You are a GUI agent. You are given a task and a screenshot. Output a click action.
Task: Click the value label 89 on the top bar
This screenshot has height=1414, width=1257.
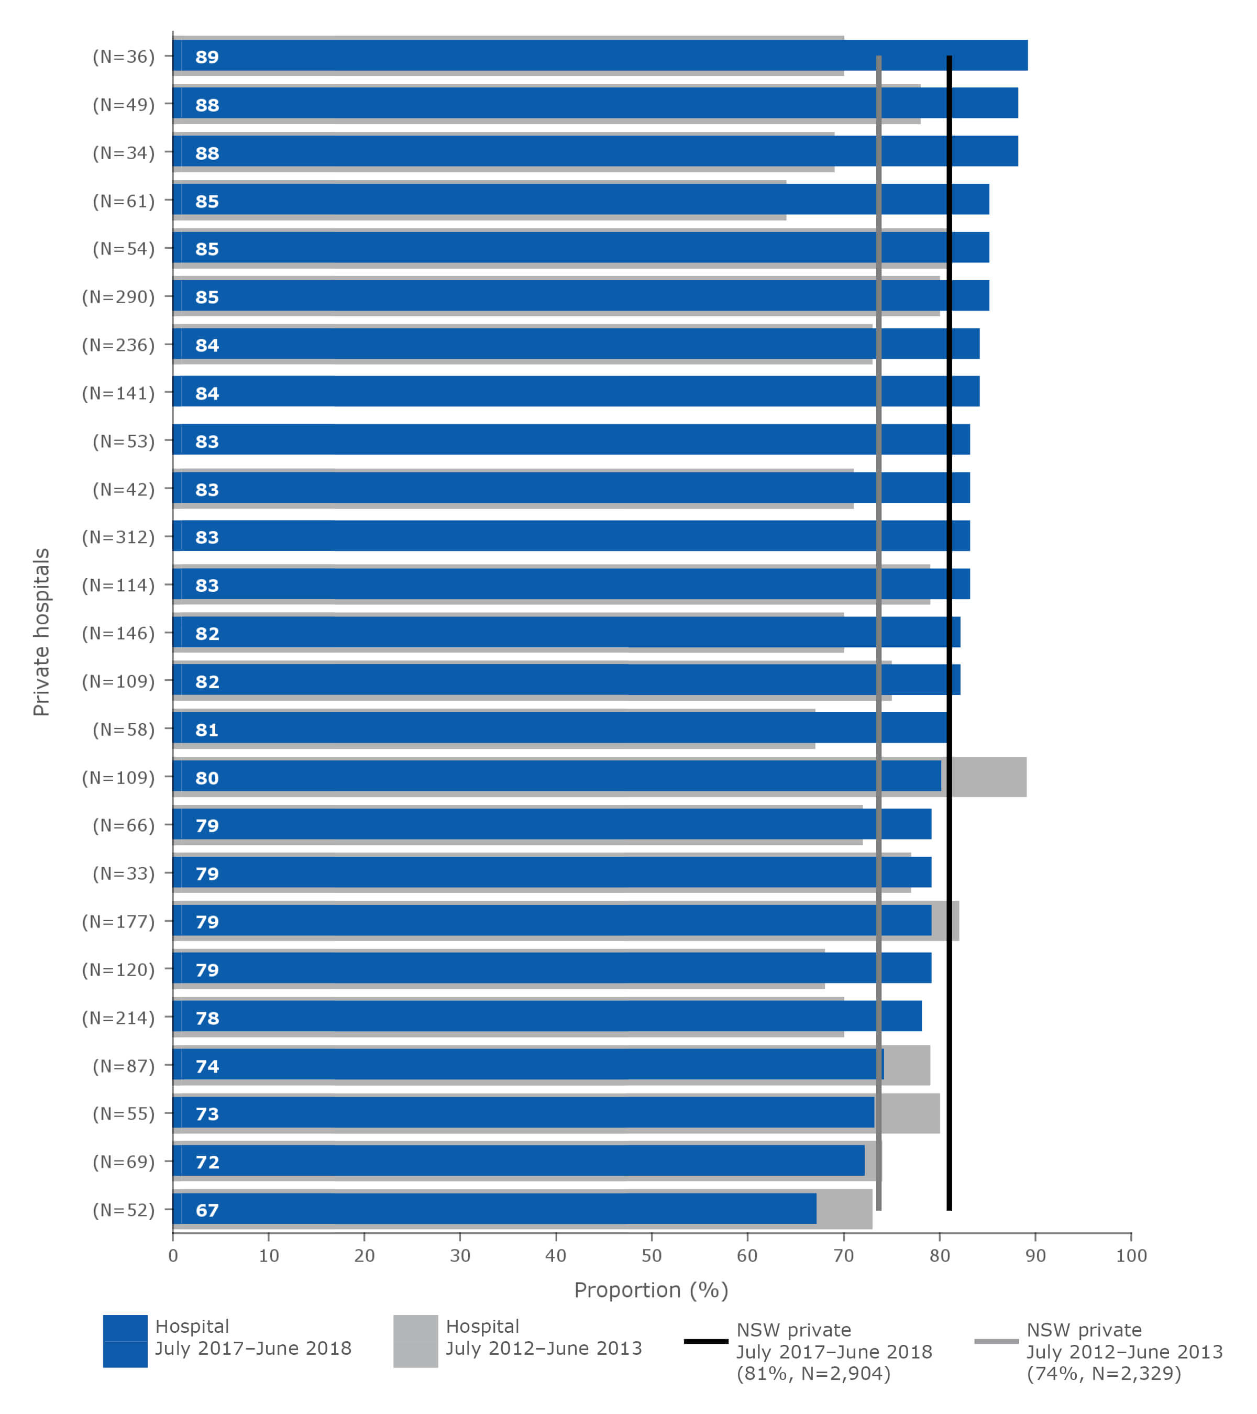tap(207, 57)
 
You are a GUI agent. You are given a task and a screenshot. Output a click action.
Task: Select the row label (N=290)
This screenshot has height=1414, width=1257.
tap(118, 297)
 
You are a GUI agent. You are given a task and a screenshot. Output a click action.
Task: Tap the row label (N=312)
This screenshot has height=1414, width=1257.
tap(118, 537)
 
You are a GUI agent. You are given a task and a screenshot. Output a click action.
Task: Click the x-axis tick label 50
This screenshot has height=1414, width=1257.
tap(651, 1256)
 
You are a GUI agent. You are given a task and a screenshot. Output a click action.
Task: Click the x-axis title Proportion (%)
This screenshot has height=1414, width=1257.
tap(651, 1290)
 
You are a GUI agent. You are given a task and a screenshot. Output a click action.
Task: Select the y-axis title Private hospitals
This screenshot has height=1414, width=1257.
tap(41, 632)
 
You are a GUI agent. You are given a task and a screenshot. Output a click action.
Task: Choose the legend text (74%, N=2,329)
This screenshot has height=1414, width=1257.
tap(1104, 1373)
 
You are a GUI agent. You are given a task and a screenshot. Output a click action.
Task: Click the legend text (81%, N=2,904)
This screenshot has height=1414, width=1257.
tap(813, 1373)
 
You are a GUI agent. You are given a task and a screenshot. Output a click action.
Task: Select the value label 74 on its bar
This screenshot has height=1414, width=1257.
tap(207, 1066)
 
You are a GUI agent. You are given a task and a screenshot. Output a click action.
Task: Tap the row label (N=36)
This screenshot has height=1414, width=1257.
tap(124, 57)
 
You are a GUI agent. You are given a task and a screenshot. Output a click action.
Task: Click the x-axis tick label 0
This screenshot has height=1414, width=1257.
tap(173, 1256)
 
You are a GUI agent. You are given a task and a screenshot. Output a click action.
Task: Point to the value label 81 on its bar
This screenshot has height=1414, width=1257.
tap(207, 730)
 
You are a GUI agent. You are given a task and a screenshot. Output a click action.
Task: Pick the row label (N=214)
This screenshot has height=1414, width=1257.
tap(118, 1018)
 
